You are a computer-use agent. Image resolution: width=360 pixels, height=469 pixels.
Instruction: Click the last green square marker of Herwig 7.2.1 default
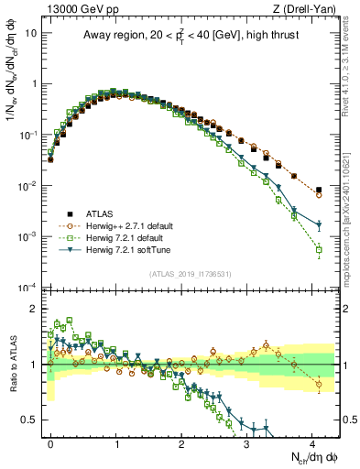pos(319,249)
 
